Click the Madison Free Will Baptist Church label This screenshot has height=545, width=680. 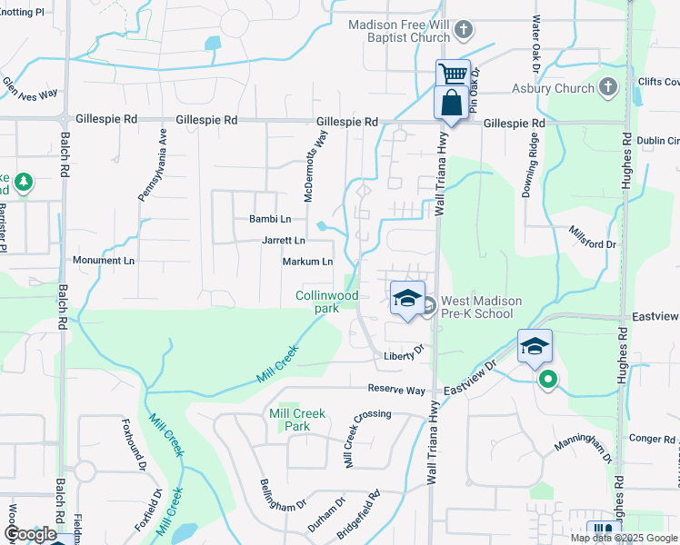[400, 31]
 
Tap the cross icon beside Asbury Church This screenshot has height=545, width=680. [608, 88]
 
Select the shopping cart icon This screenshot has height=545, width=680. [452, 74]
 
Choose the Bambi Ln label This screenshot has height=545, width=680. [270, 219]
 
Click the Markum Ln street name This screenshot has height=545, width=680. [309, 262]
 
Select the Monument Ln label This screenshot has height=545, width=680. [104, 261]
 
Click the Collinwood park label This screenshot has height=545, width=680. [327, 302]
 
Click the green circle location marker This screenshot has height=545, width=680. [546, 381]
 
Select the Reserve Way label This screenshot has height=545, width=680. [396, 390]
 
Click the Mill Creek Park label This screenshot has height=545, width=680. [297, 420]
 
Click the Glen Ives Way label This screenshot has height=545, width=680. [30, 88]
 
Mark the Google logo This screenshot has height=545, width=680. [31, 534]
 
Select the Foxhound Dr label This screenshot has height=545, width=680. [135, 446]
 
